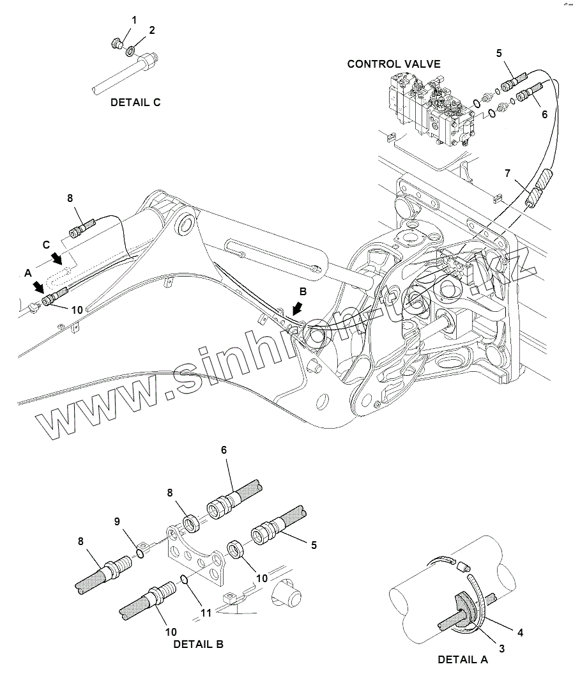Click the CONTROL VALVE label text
(x=393, y=64)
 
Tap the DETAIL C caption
(x=135, y=102)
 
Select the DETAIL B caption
(x=198, y=644)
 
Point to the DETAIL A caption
(x=462, y=659)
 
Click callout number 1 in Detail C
(x=134, y=20)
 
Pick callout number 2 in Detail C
(x=151, y=30)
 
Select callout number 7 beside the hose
(x=508, y=173)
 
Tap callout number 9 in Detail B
(x=117, y=521)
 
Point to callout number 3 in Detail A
(x=501, y=648)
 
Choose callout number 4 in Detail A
(x=520, y=633)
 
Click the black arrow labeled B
(x=296, y=310)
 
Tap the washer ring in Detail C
(x=130, y=50)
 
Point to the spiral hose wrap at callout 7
(x=538, y=189)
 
